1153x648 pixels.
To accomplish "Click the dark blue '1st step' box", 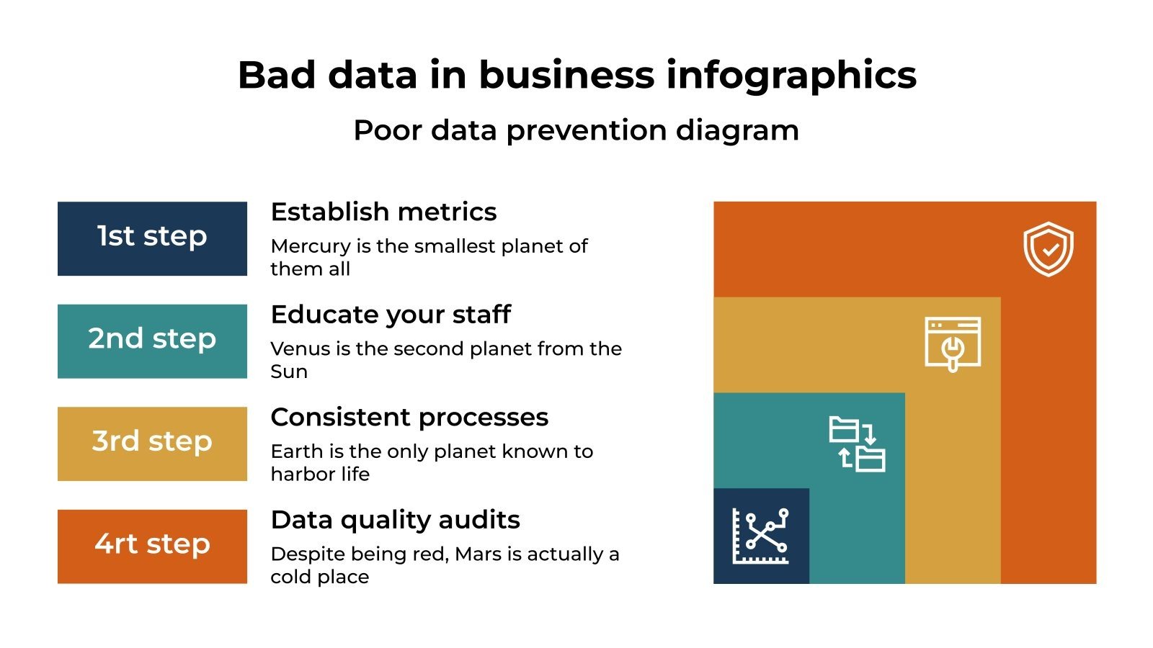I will click(152, 238).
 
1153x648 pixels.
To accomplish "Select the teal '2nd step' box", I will click(152, 341).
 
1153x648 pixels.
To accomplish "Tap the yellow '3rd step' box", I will click(152, 444).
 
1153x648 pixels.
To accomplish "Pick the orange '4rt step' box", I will click(152, 546).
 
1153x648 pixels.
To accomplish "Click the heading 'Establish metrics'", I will click(383, 212).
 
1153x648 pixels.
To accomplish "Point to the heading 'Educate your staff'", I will click(391, 315).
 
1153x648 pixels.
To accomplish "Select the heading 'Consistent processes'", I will click(409, 418).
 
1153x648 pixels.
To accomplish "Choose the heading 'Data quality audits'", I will click(395, 520).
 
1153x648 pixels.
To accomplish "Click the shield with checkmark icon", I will click(1049, 249).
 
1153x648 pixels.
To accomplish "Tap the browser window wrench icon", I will click(953, 344).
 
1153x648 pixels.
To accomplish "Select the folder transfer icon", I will click(857, 444).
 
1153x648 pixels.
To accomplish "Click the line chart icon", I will click(761, 536).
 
